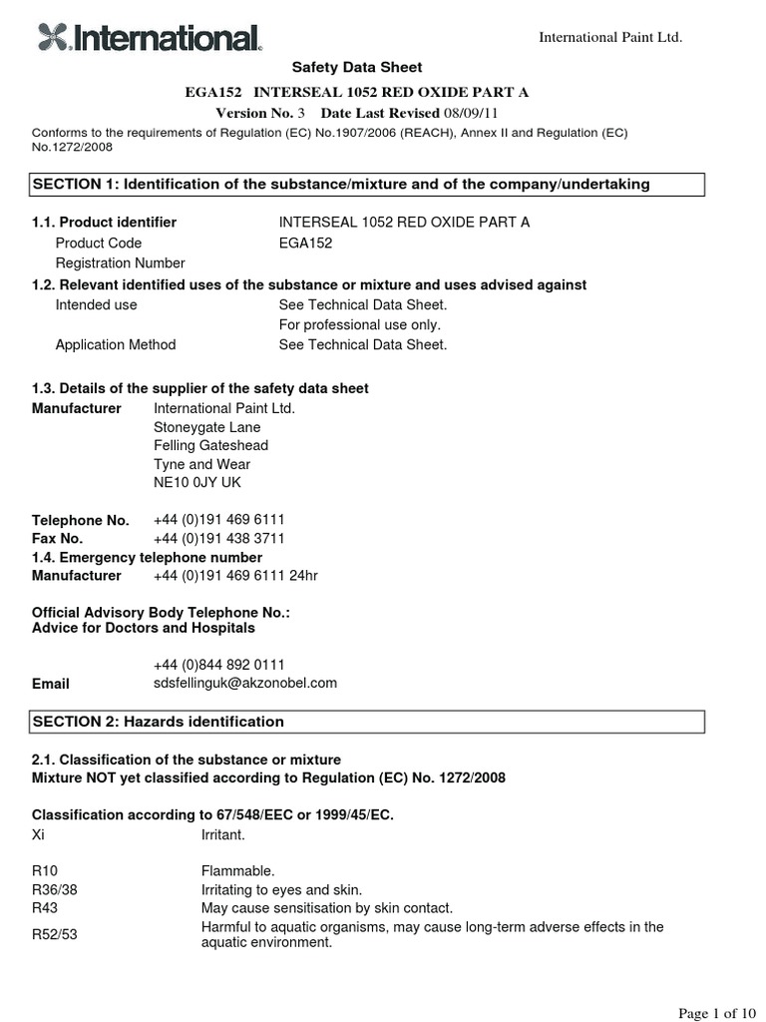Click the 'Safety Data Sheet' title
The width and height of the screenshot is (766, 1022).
(x=356, y=68)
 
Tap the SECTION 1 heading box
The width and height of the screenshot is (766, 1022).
(x=368, y=185)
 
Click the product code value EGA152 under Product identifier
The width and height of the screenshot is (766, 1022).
(x=306, y=244)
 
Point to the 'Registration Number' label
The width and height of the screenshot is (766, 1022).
(x=120, y=263)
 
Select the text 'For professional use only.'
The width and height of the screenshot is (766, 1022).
(x=359, y=324)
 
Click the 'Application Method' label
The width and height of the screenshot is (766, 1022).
(x=115, y=345)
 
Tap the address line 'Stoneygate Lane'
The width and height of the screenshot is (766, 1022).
(x=206, y=427)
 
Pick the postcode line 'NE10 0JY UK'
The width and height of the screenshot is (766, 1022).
(x=197, y=483)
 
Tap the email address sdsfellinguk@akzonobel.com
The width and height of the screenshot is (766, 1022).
(x=245, y=684)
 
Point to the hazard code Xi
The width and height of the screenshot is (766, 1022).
(x=40, y=834)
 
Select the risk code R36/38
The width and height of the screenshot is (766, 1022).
(x=53, y=890)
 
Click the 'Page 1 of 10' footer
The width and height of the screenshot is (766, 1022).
(x=715, y=1013)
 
